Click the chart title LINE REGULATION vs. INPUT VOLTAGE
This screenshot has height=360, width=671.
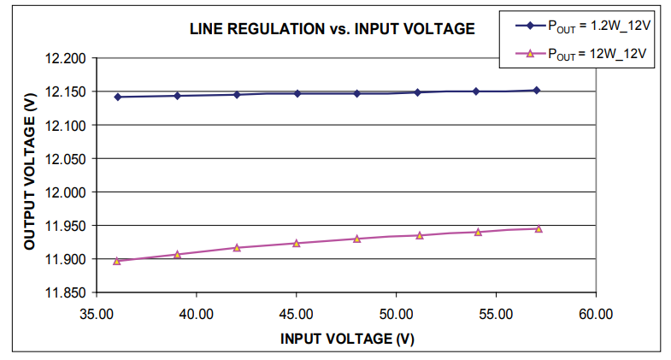(332, 29)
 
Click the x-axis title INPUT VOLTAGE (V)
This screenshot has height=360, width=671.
(347, 339)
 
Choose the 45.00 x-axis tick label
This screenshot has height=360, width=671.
(297, 314)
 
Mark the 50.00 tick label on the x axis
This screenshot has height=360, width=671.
(396, 314)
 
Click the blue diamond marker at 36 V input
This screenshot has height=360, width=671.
(117, 97)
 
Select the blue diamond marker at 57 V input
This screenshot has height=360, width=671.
(537, 90)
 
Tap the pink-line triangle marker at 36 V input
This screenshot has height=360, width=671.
(117, 261)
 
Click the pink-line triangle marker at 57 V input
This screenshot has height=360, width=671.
(538, 228)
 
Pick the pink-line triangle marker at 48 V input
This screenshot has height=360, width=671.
(357, 239)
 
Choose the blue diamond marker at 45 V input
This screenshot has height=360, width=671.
(297, 93)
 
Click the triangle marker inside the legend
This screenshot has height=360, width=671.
(529, 54)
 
